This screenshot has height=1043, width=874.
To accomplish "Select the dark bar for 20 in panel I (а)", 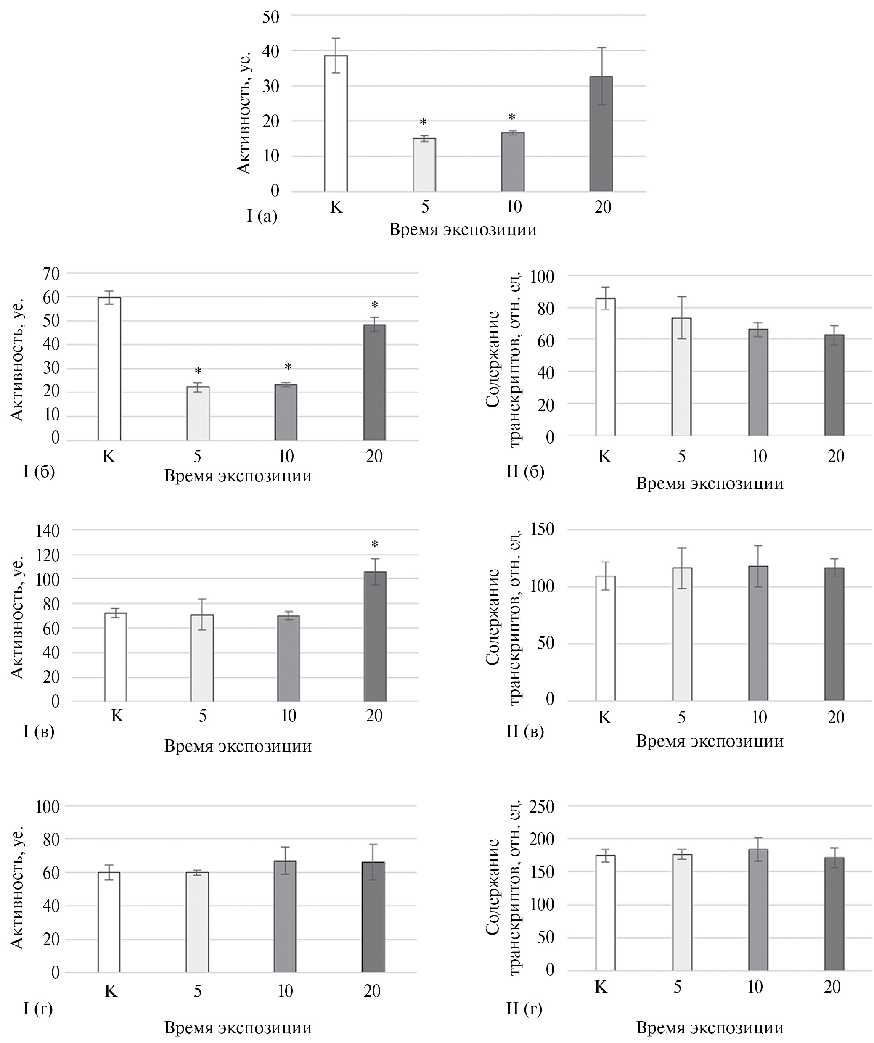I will point(601,134).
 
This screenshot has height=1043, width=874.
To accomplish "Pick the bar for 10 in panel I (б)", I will point(286,412).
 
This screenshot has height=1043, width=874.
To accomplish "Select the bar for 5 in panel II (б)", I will point(681,377).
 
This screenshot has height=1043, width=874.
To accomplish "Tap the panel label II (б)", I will point(525,471).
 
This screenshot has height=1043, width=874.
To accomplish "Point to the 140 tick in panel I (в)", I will point(48,531).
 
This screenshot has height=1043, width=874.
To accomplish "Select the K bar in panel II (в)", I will point(605,638).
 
